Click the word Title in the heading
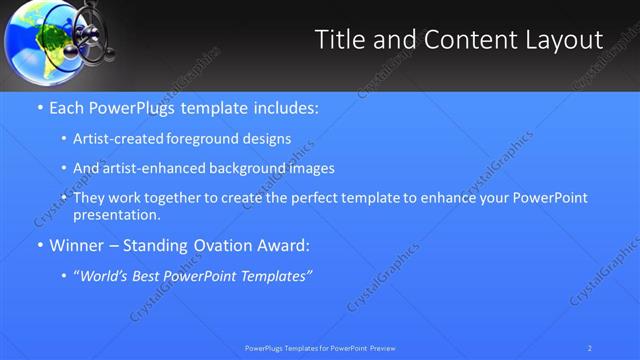click(339, 40)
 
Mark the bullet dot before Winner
click(40, 245)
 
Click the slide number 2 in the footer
click(590, 348)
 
